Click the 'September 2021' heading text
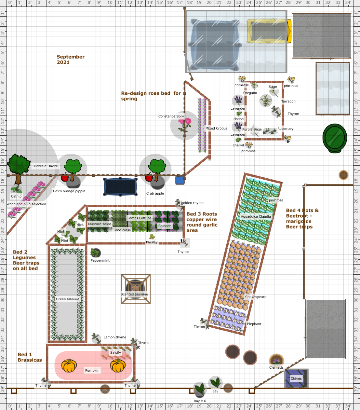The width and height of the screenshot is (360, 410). point(70,59)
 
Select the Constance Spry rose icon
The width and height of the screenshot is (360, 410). point(184,125)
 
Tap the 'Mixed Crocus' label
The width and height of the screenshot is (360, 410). point(216,128)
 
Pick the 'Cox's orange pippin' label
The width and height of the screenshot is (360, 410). point(69,191)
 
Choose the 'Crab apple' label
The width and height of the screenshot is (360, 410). point(155,193)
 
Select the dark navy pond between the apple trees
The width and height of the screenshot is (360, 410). point(120,186)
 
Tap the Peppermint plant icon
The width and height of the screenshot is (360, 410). point(95,253)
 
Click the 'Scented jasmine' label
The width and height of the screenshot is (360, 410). point(134,294)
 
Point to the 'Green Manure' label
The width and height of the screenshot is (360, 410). point(67,299)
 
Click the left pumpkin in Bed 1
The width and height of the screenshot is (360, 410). point(69,365)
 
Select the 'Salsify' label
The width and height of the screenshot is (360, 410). point(115,352)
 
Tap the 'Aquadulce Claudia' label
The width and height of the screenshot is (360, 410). point(256,216)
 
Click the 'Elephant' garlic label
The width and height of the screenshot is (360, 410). point(254,324)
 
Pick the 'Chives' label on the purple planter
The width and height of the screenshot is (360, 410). point(296,378)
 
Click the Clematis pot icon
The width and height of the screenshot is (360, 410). point(276,360)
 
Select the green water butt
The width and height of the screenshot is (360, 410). point(335,138)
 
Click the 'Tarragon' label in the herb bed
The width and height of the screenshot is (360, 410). point(288,101)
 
